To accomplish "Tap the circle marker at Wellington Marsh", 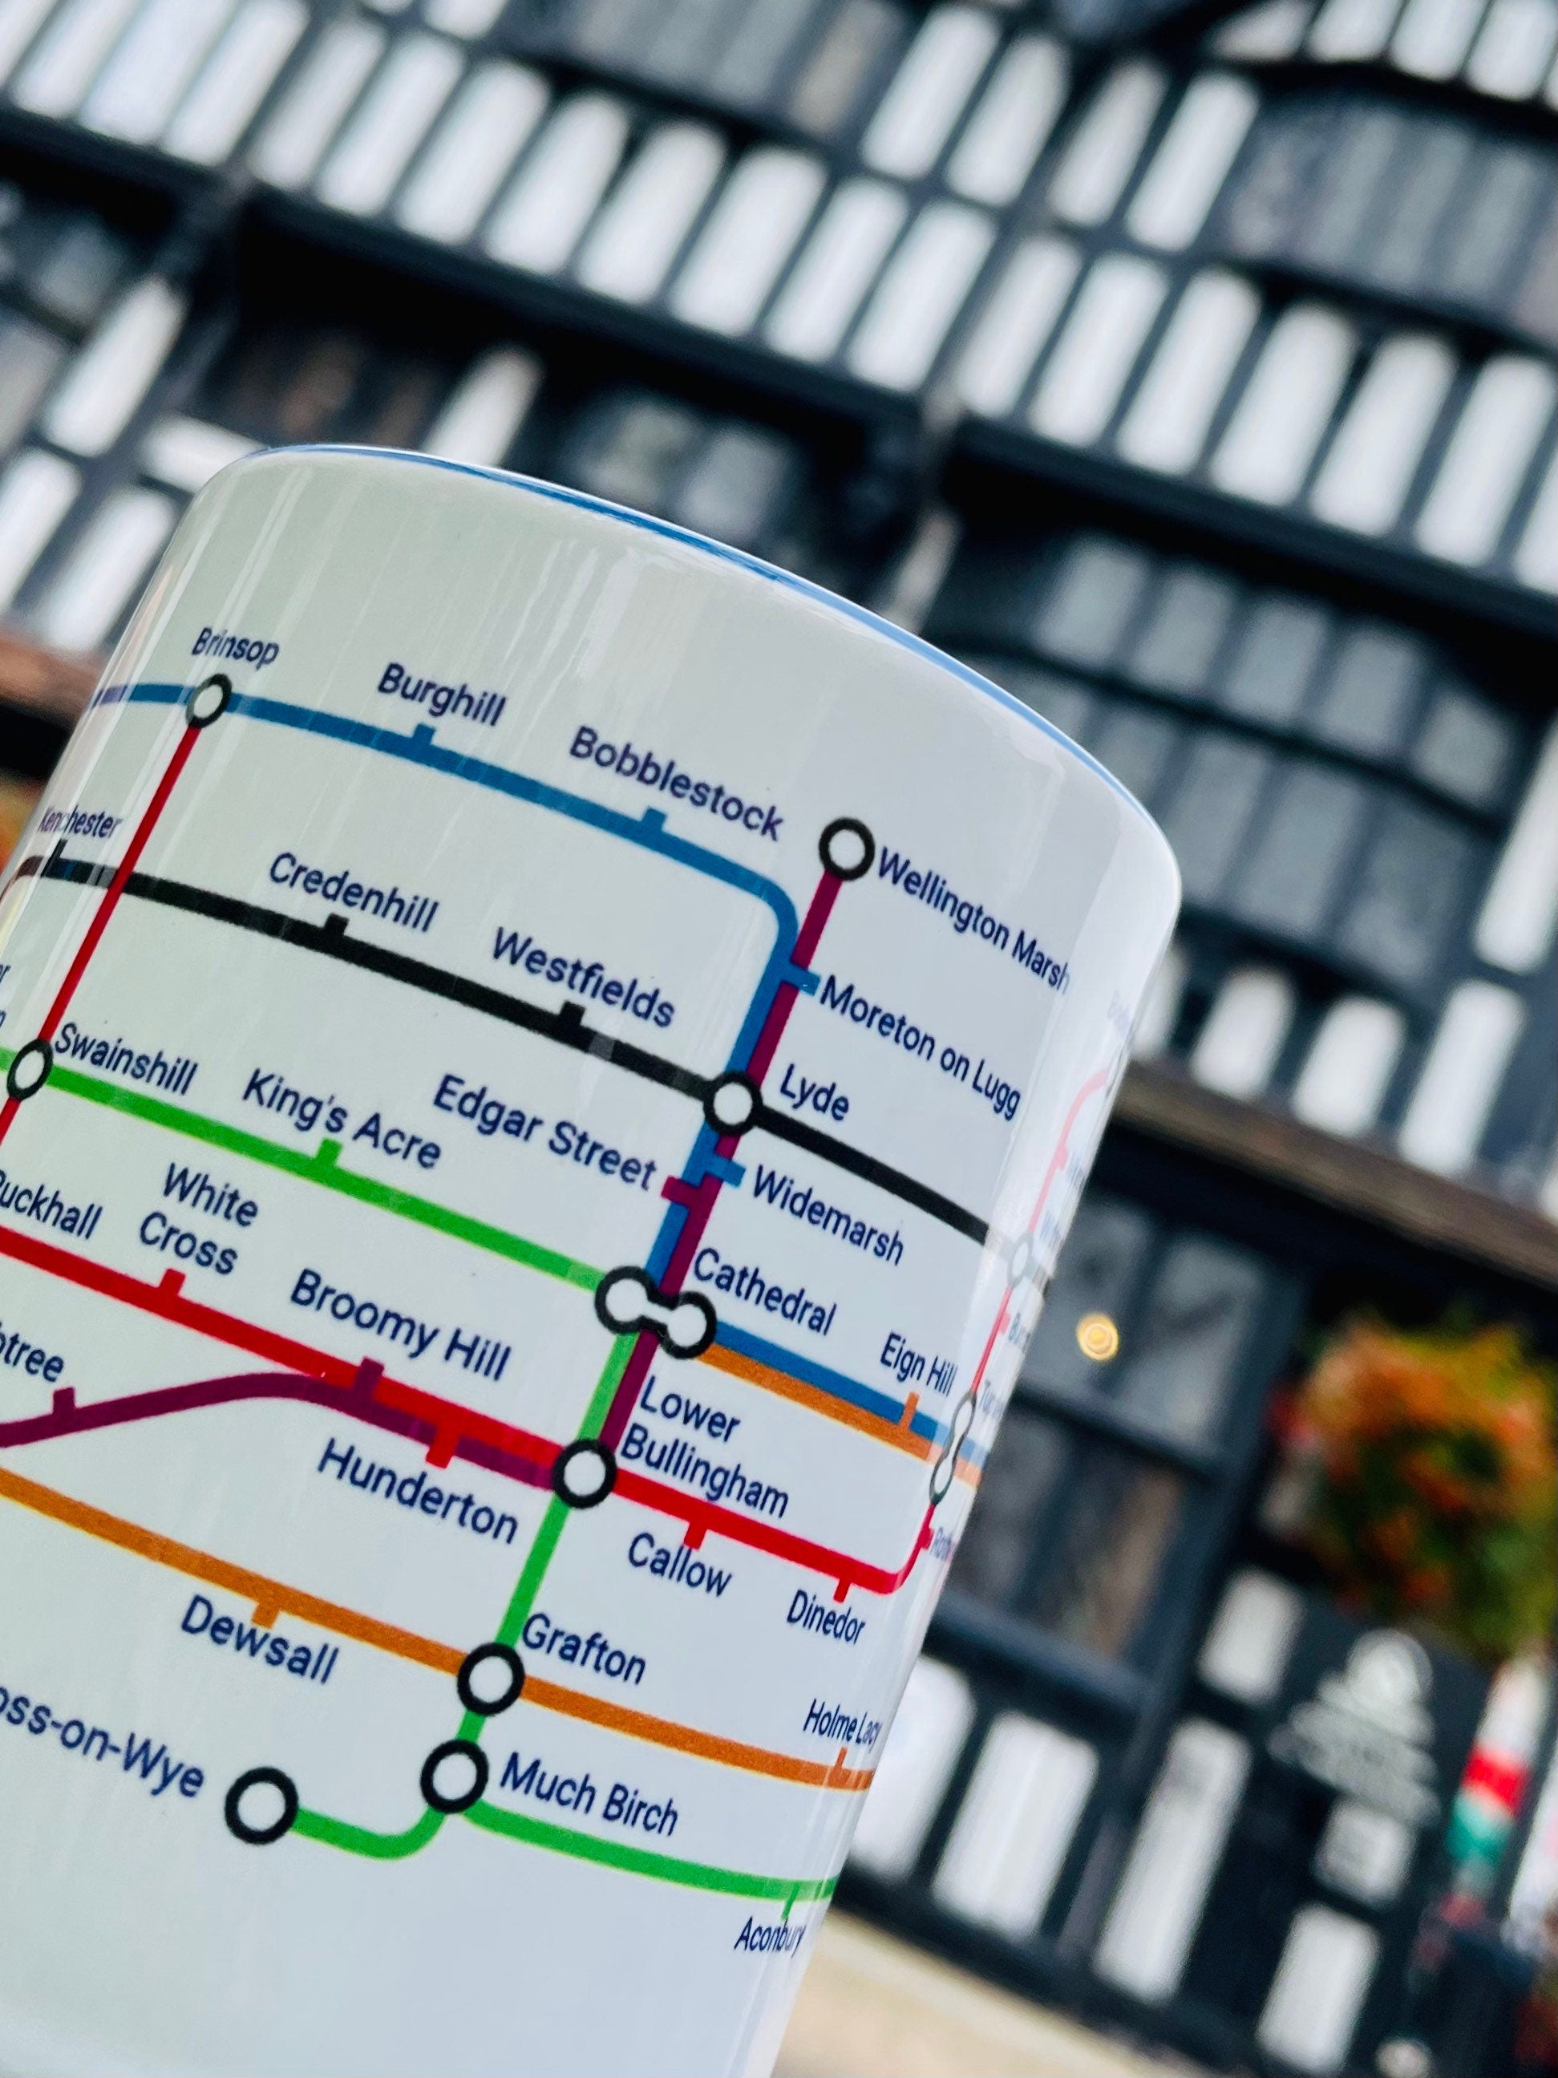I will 845,849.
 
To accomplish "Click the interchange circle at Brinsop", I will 208,699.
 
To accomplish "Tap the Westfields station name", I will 582,977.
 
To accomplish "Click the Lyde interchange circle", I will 731,1104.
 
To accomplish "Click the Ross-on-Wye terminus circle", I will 262,1805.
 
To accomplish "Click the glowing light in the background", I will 1096,1332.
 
